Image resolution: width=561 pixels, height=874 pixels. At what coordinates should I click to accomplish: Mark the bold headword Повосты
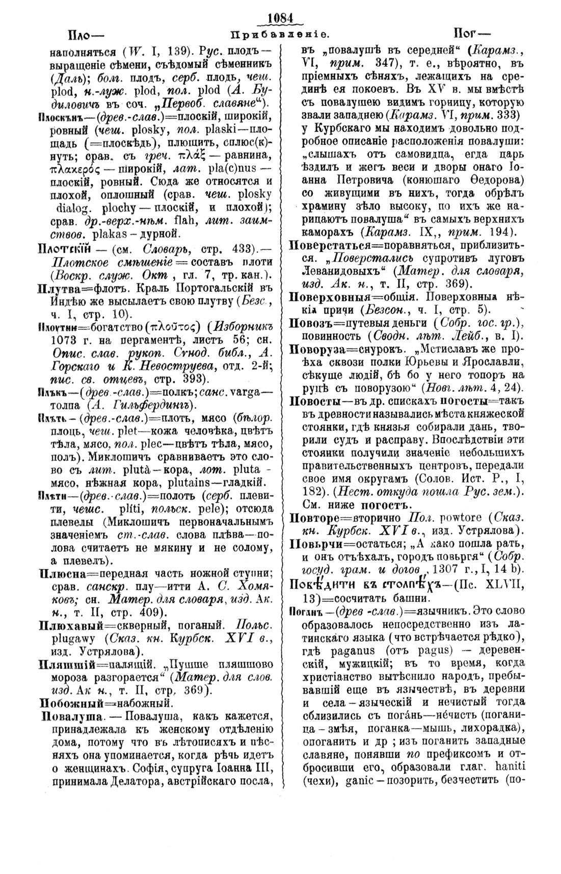[313, 401]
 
